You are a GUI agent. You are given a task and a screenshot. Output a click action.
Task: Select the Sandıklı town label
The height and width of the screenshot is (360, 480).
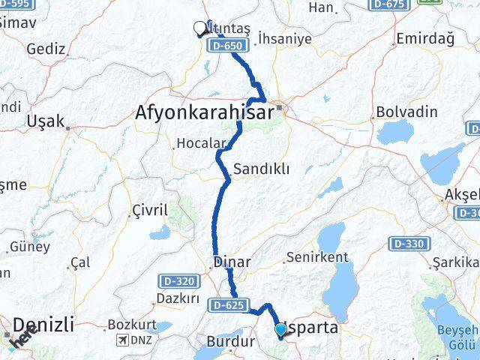pyautogui.click(x=261, y=169)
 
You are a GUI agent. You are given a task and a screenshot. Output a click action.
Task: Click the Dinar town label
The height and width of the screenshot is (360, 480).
pyautogui.click(x=232, y=262)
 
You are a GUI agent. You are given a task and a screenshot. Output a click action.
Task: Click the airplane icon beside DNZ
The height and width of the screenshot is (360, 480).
pyautogui.click(x=122, y=340)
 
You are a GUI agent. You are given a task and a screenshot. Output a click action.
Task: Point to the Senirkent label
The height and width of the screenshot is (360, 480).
pyautogui.click(x=316, y=257)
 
